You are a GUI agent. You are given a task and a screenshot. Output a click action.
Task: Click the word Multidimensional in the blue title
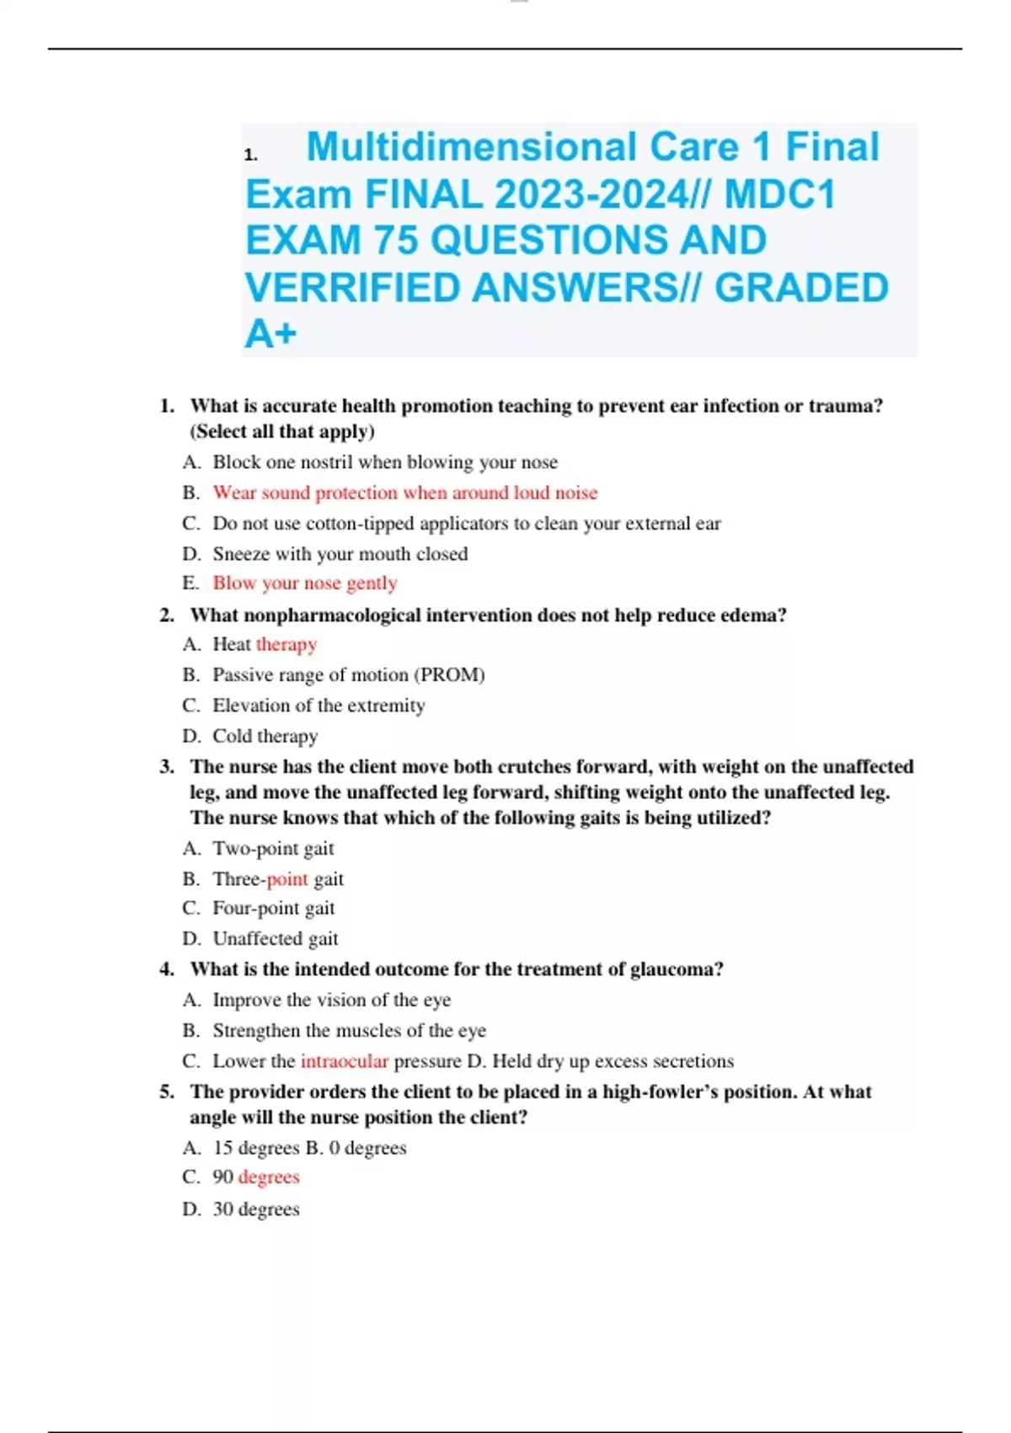472,147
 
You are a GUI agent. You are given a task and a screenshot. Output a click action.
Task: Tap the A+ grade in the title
270,334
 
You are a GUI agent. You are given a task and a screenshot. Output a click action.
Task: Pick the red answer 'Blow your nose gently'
304,583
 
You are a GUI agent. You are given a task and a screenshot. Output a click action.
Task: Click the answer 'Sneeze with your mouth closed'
340,554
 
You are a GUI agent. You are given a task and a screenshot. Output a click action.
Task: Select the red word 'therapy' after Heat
286,644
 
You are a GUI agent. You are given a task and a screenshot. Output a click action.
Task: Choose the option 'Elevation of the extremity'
318,706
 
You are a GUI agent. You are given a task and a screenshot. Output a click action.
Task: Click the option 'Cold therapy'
265,736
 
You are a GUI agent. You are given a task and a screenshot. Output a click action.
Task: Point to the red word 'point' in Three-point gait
287,879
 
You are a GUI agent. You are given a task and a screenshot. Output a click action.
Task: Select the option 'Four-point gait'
273,909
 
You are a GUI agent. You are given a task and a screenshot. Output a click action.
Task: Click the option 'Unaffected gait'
275,939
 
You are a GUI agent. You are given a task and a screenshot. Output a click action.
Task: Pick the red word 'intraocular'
345,1061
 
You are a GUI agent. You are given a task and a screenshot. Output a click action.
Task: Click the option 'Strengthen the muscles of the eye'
349,1031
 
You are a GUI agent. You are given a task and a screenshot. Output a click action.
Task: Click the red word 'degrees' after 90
269,1178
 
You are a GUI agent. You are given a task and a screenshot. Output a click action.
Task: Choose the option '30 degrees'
256,1210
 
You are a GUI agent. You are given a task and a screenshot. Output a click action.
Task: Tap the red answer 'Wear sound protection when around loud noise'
404,493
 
